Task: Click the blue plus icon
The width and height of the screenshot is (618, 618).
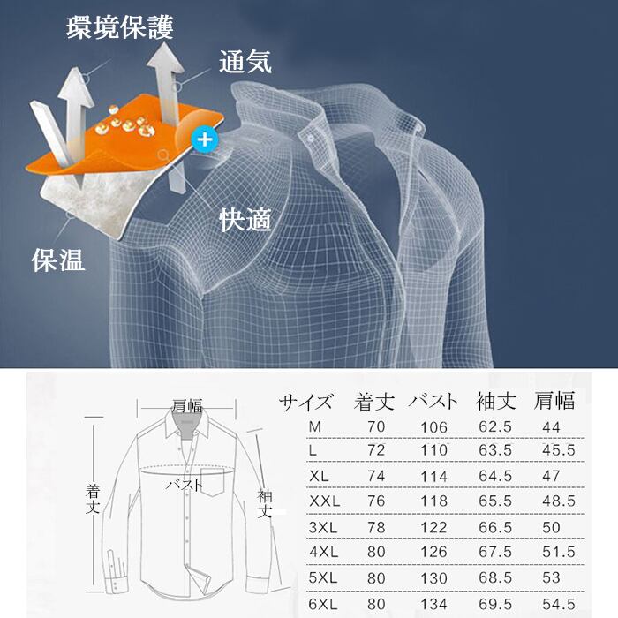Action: (205, 139)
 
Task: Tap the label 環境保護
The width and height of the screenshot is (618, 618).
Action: (120, 27)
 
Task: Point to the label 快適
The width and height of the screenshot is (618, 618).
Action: (245, 219)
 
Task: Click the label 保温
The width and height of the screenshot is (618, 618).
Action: (58, 260)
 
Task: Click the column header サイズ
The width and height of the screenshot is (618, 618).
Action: (306, 402)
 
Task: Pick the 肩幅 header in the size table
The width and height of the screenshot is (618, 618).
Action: (554, 402)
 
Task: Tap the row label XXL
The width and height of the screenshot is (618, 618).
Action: (325, 501)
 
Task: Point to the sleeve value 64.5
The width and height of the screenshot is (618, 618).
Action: (495, 476)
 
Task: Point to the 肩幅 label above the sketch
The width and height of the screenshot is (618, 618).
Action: (187, 406)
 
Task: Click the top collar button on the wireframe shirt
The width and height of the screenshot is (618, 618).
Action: (311, 135)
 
